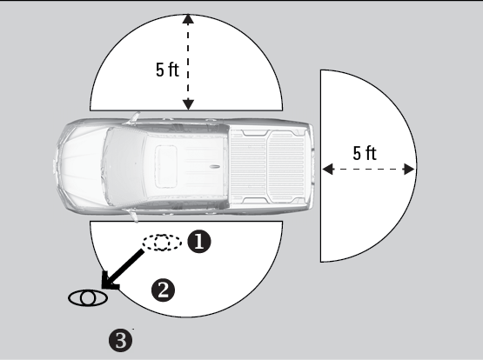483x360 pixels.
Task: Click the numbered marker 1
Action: click(199, 242)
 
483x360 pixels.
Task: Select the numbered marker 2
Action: click(163, 290)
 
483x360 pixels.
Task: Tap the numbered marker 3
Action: click(120, 340)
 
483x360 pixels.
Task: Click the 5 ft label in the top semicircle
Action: click(167, 70)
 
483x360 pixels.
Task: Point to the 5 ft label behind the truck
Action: click(365, 153)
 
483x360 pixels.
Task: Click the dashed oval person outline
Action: click(162, 242)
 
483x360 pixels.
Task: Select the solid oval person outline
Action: click(88, 298)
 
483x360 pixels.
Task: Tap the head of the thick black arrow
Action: click(110, 281)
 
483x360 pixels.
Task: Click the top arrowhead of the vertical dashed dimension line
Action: click(188, 19)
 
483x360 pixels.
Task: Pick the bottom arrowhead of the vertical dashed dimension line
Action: click(188, 104)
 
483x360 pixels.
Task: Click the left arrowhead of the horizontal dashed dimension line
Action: click(328, 169)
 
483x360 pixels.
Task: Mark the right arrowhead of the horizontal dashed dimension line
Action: click(409, 169)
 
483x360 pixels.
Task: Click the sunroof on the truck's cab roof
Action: click(166, 166)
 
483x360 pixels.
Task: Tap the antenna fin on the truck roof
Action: click(215, 167)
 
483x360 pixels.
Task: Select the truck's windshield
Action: click(124, 166)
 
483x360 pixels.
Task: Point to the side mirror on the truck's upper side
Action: click(134, 117)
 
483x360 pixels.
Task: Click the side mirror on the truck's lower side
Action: click(134, 216)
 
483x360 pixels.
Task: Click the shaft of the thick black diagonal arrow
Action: click(128, 264)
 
